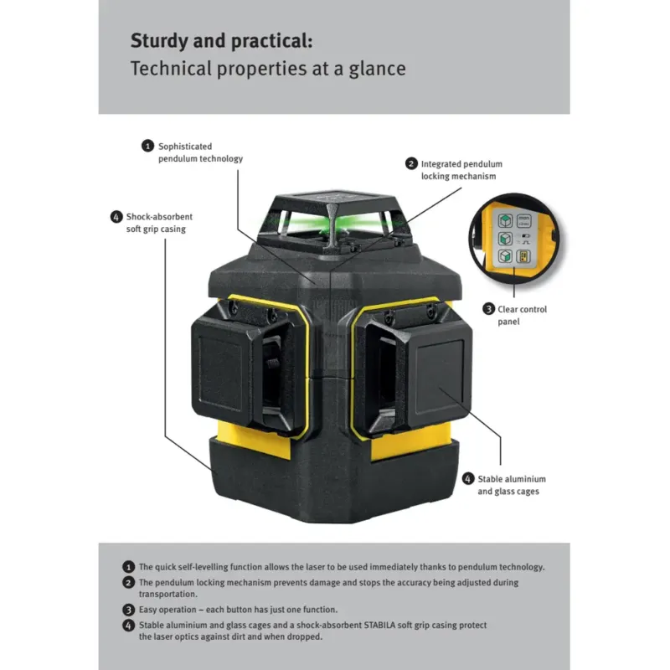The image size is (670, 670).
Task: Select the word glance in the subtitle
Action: pyautogui.click(x=377, y=69)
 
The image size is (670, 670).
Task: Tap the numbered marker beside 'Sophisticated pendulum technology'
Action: pyautogui.click(x=147, y=146)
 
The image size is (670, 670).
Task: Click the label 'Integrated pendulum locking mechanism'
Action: pyautogui.click(x=461, y=170)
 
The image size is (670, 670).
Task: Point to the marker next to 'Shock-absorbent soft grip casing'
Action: pyautogui.click(x=116, y=216)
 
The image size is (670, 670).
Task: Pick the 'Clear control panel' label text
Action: pyautogui.click(x=522, y=315)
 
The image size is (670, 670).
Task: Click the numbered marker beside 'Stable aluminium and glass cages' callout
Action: pyautogui.click(x=467, y=479)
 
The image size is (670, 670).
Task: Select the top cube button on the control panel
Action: pyautogui.click(x=506, y=221)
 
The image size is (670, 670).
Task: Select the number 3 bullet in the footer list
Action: pyautogui.click(x=128, y=610)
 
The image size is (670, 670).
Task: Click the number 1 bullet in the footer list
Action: pyautogui.click(x=128, y=567)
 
